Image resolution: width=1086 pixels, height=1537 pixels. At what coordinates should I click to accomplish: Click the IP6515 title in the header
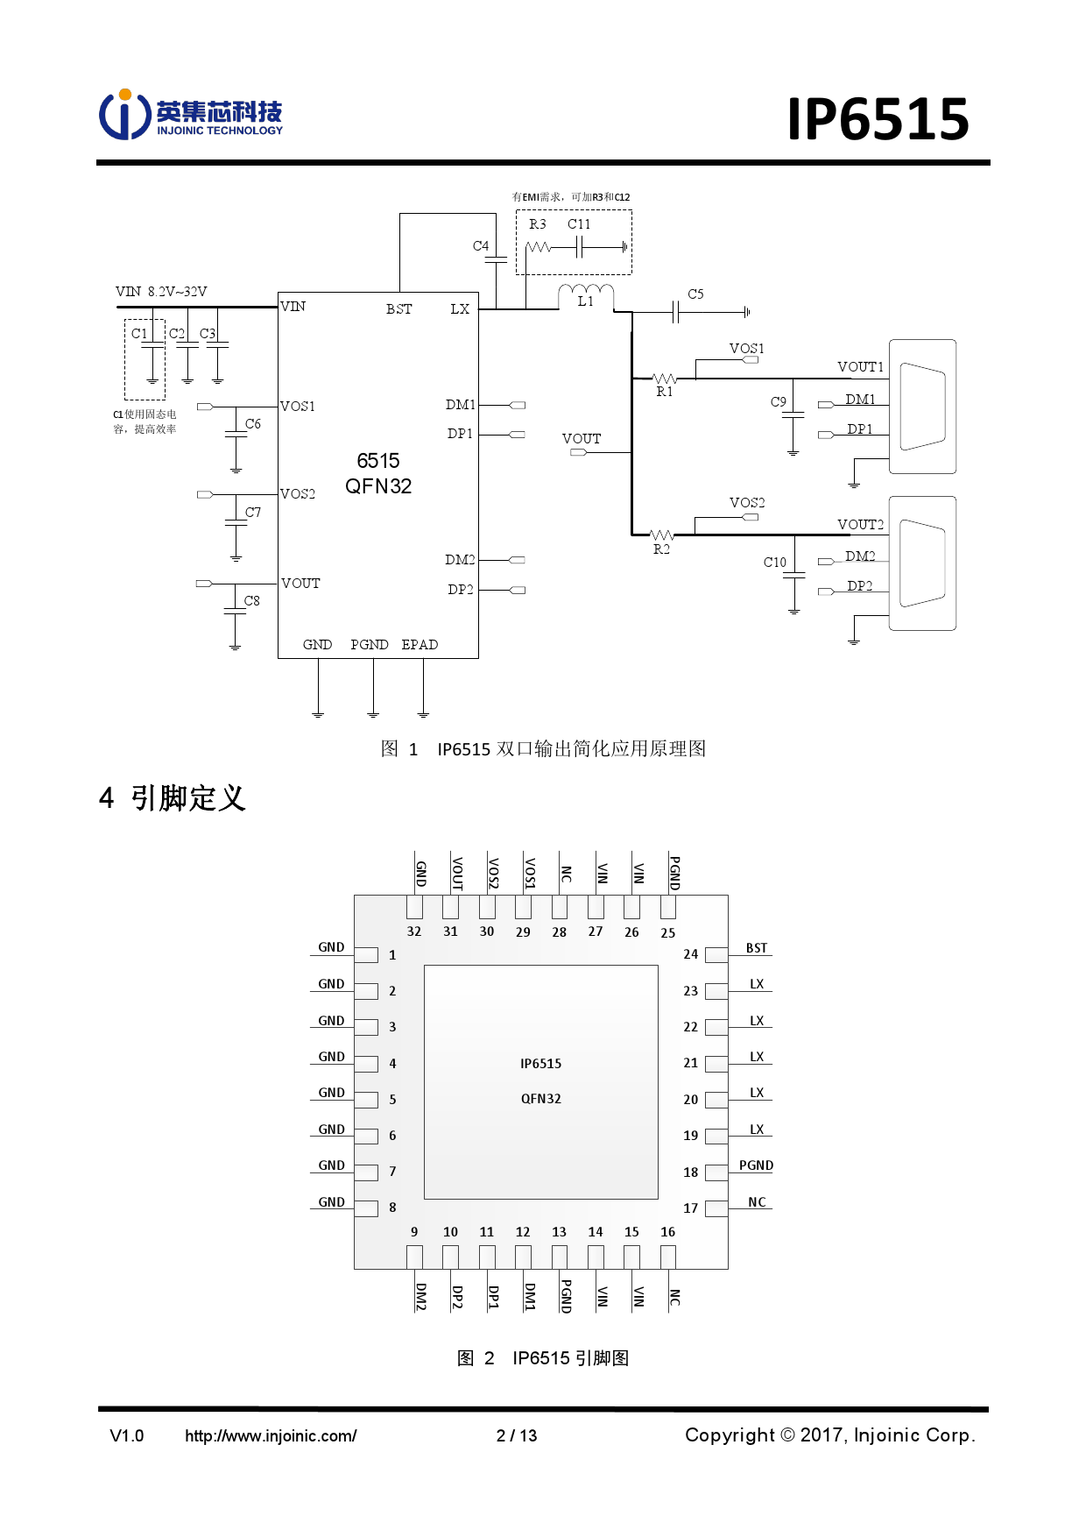[878, 119]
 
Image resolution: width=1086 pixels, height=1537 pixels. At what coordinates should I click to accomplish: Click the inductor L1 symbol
[586, 291]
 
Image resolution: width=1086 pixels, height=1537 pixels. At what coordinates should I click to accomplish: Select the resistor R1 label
[665, 392]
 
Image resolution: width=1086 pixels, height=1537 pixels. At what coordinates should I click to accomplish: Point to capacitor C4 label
[481, 246]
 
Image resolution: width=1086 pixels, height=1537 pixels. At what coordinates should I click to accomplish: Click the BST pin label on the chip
[398, 309]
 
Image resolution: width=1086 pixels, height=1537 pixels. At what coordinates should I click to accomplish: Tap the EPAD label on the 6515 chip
[420, 645]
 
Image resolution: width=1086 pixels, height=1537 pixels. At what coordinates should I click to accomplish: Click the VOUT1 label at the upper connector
[860, 367]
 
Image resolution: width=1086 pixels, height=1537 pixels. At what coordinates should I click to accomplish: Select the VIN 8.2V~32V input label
[161, 292]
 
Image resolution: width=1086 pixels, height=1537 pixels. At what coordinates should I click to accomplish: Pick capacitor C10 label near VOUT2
[774, 563]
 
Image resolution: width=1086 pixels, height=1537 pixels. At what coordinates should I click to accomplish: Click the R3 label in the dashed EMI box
[537, 224]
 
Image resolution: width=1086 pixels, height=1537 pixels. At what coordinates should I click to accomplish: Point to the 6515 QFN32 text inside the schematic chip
[378, 473]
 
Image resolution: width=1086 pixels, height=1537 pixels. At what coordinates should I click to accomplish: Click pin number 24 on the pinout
[690, 954]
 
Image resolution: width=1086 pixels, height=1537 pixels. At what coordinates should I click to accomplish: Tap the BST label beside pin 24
[757, 948]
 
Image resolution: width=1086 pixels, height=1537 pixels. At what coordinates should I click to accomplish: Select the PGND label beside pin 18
[756, 1165]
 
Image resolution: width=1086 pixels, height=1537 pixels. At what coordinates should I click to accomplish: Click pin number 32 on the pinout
[414, 931]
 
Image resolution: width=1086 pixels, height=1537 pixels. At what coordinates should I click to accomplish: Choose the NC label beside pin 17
[757, 1202]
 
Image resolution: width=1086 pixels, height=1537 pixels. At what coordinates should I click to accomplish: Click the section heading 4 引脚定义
[173, 798]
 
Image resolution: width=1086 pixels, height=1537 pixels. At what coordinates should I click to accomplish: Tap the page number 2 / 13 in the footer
[517, 1435]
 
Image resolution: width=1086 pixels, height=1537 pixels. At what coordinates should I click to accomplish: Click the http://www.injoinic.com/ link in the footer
[271, 1435]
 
